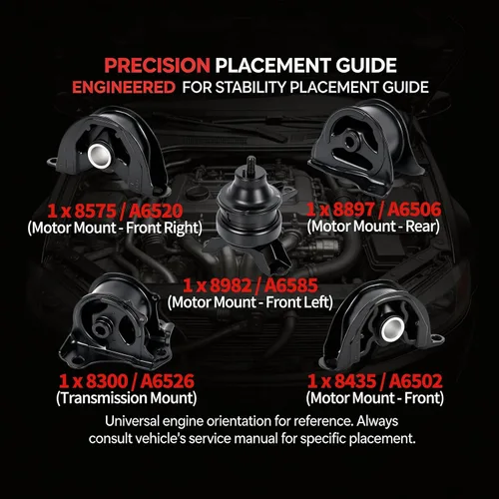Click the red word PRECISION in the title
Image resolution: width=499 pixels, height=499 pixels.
[157, 65]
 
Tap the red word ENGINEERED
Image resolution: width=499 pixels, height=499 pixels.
[124, 88]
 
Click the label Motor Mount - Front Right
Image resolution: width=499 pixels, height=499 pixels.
[115, 228]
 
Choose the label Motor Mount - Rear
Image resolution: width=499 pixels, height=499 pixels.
[373, 227]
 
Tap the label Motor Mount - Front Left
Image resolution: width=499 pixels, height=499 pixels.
[250, 302]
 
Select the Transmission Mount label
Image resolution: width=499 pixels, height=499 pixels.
[127, 398]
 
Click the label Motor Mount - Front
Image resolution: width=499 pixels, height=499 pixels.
[375, 398]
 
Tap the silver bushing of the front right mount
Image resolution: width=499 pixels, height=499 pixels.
[100, 156]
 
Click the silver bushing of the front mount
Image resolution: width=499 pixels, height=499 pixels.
[393, 329]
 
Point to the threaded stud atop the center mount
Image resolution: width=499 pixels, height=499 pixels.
[250, 167]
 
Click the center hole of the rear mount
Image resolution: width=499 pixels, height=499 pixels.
[349, 142]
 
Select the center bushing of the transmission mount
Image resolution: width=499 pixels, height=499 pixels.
[101, 328]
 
